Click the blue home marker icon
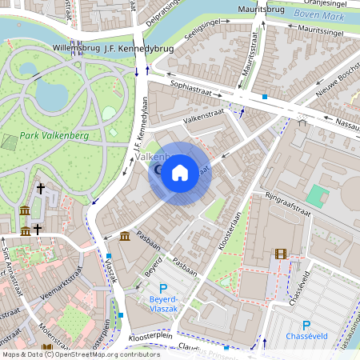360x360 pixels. (180, 173)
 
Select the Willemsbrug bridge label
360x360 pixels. (77, 47)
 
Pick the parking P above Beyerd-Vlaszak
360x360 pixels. (163, 289)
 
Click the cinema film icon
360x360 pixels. (280, 254)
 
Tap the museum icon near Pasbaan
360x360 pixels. (126, 236)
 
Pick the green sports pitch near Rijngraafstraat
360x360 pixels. (318, 194)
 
